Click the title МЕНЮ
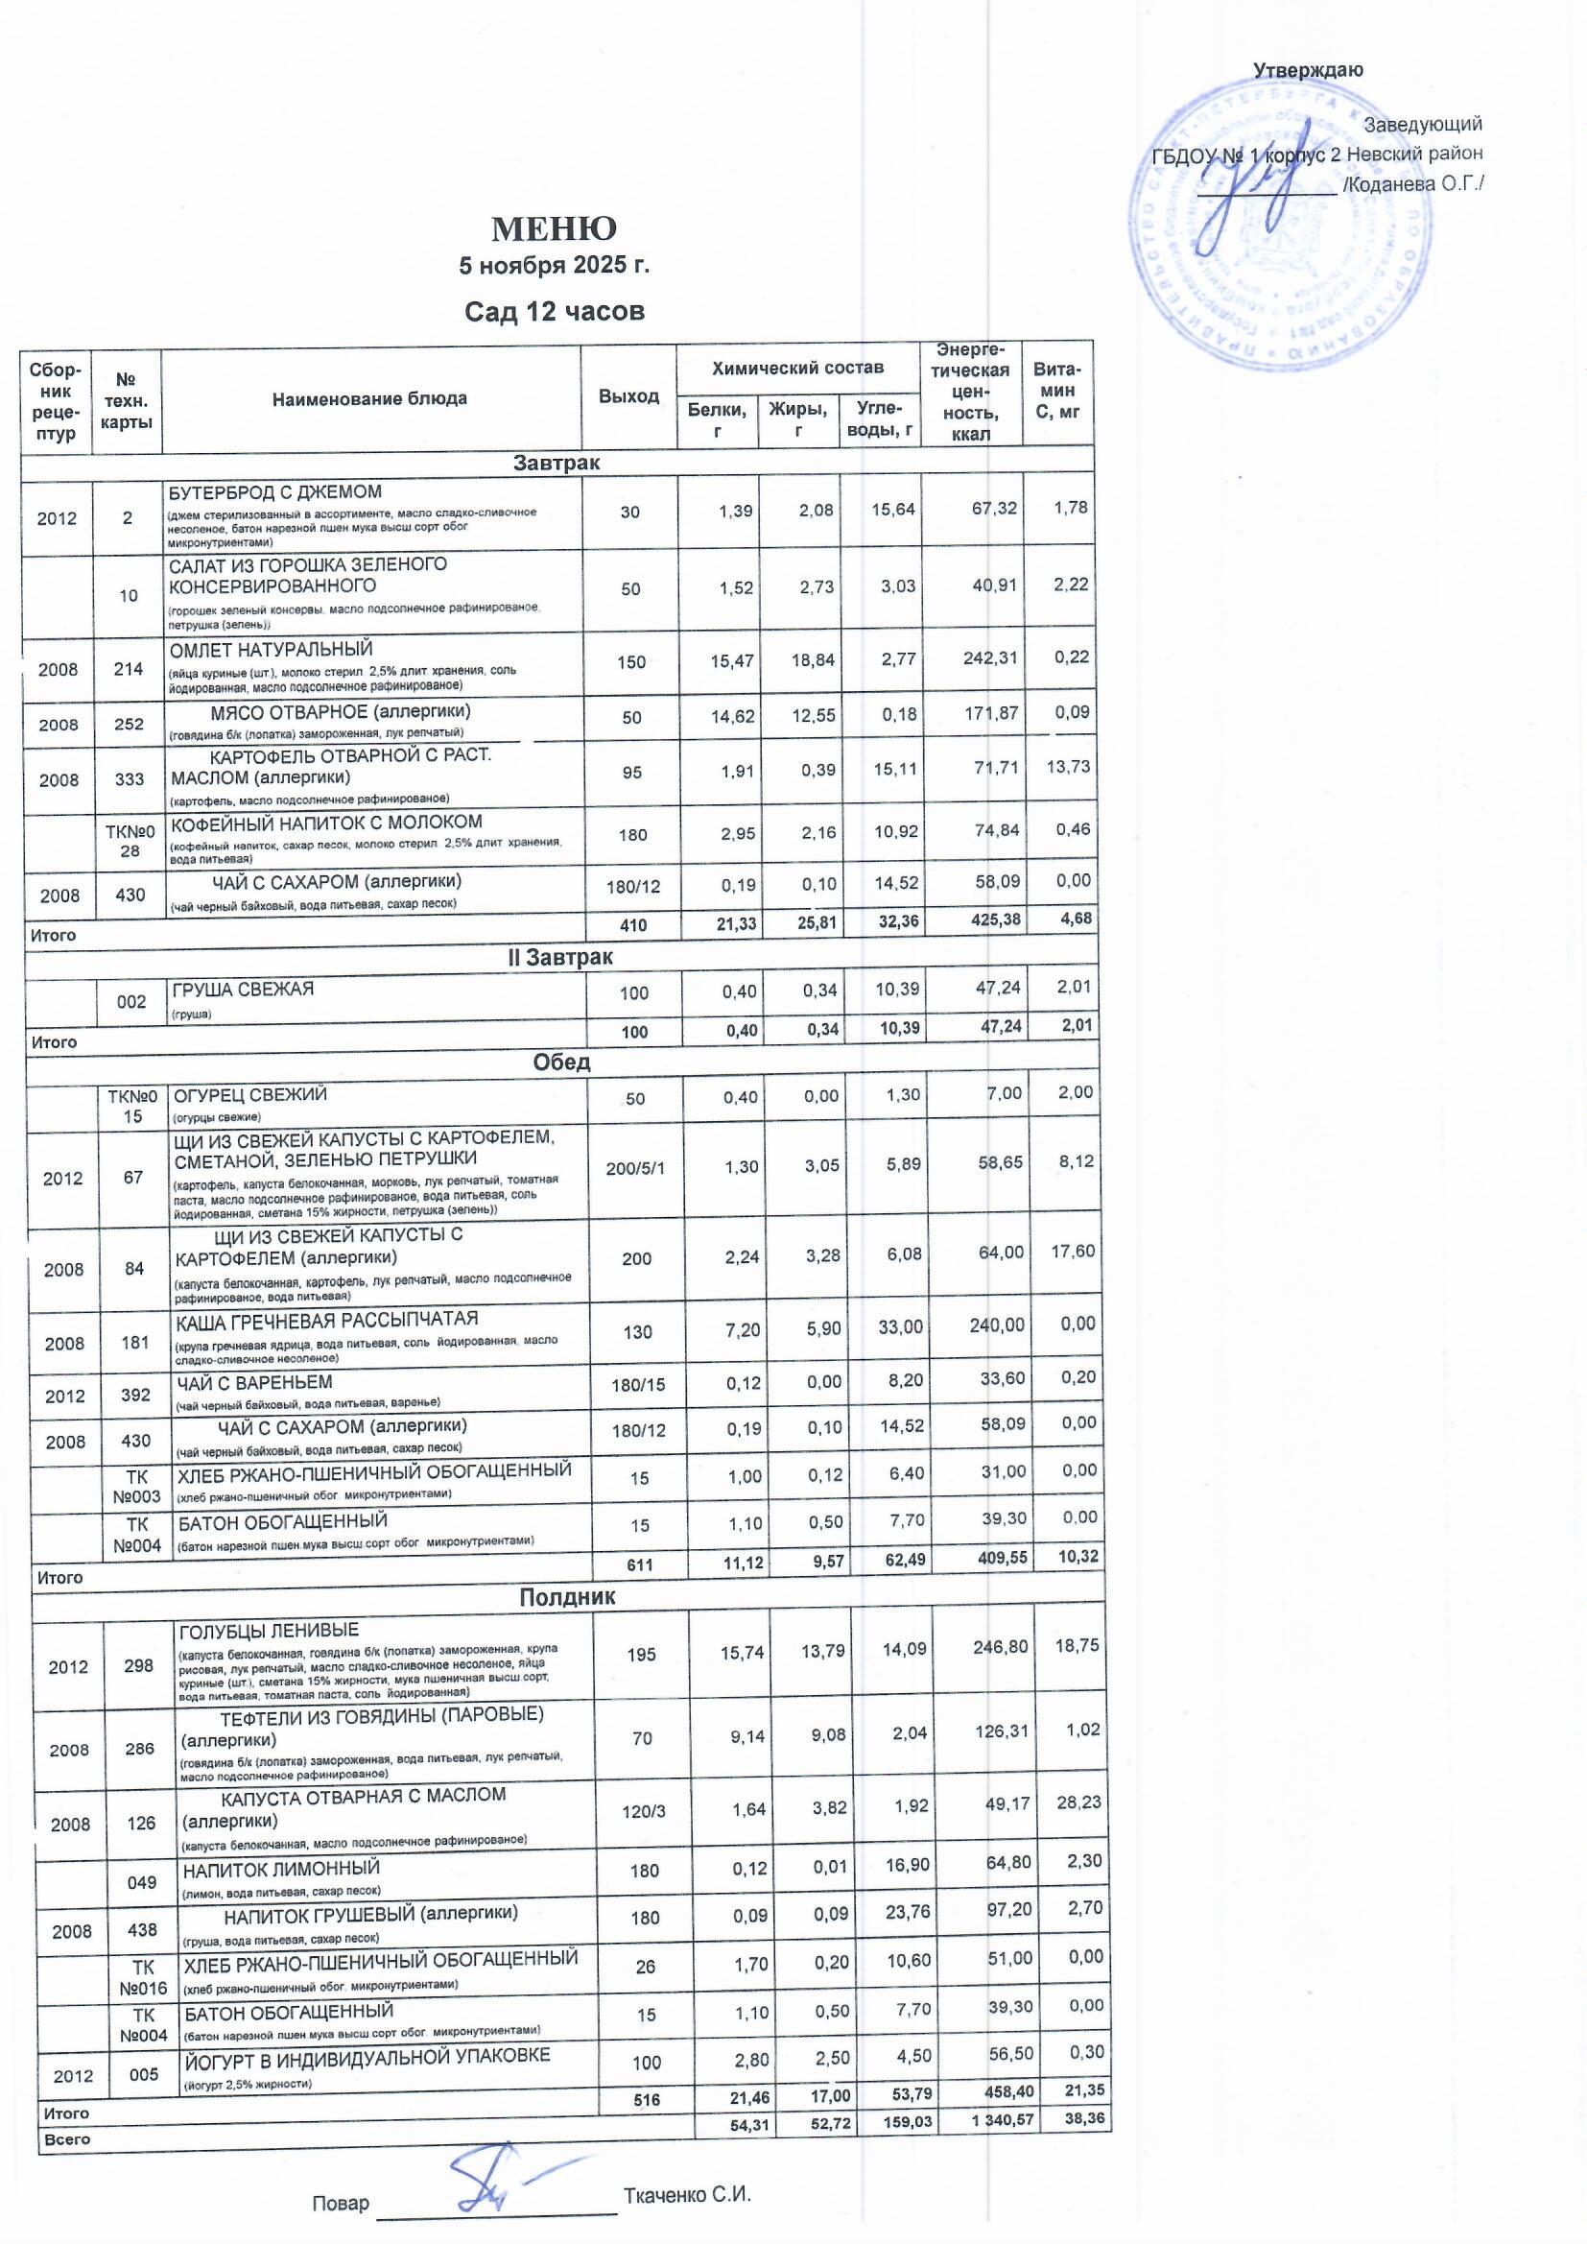point(553,228)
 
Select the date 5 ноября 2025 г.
point(554,266)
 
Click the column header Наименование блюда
point(369,398)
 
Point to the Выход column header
point(628,396)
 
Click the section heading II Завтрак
point(560,958)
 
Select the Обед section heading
point(562,1062)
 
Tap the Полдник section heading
point(567,1597)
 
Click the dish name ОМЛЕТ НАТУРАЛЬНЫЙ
point(271,650)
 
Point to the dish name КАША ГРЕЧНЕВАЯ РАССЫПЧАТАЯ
point(326,1322)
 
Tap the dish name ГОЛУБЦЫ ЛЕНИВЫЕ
point(268,1631)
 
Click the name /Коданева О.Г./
point(1413,184)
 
